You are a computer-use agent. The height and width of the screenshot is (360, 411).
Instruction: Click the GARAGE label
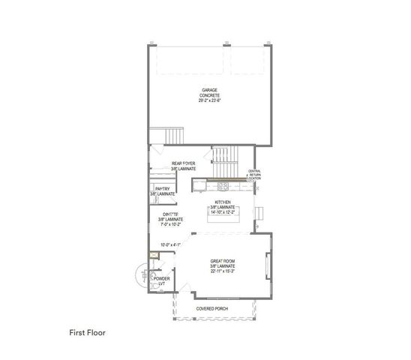[208, 90]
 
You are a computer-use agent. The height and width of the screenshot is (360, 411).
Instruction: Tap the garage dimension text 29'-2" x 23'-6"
[208, 100]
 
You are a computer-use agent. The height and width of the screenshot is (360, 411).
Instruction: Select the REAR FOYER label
[184, 163]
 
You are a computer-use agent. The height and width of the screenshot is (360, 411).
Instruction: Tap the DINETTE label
[172, 214]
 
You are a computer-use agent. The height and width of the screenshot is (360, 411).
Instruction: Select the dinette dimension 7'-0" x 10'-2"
[172, 224]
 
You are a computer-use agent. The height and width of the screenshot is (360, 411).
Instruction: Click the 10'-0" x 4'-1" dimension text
[172, 244]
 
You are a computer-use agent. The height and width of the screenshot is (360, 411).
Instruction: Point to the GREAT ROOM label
[223, 260]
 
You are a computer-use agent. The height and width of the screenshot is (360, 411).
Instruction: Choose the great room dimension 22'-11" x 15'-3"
[223, 271]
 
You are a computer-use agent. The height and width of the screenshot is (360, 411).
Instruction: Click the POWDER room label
[161, 279]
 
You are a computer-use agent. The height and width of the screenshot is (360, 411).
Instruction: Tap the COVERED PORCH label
[212, 308]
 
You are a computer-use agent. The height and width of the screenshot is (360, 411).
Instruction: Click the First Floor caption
[90, 331]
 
